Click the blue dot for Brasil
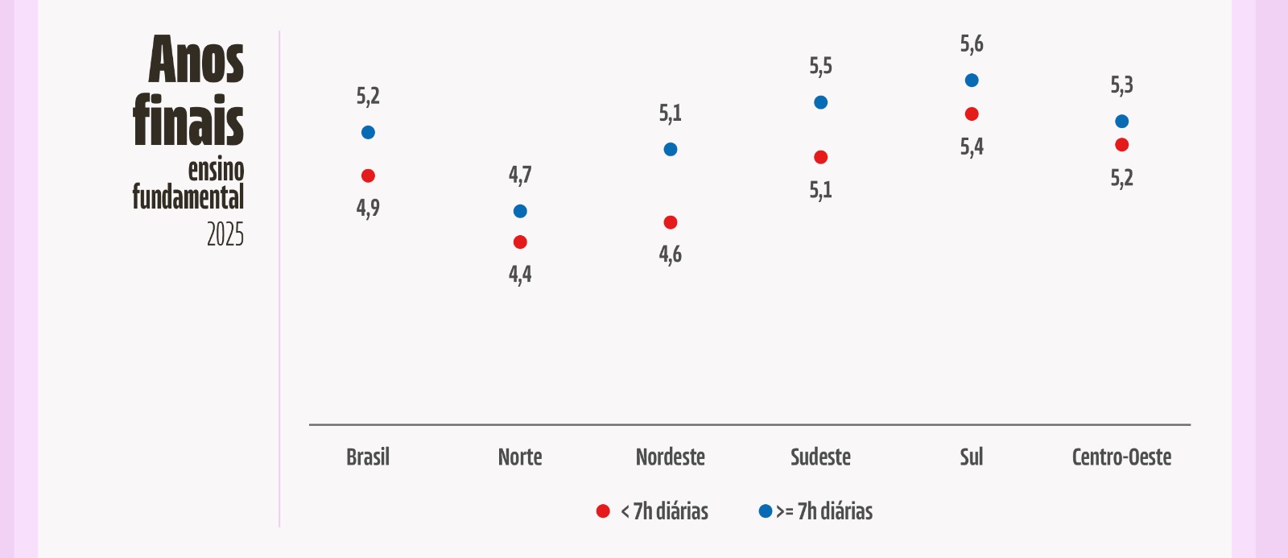pos(368,132)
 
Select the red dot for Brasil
pos(368,176)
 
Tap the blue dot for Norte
pos(520,211)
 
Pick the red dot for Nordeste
pos(671,222)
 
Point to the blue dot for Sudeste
pos(820,102)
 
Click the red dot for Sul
pos(972,114)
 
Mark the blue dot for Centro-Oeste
pos(1122,122)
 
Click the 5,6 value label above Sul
pos(972,44)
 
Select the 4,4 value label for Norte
pos(520,275)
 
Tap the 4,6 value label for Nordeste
pos(671,254)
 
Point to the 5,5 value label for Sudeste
pos(820,67)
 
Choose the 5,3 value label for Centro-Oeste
pos(1122,85)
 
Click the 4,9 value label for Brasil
pos(368,208)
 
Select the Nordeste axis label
pos(671,457)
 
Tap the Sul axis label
pos(972,457)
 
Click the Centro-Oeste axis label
pos(1122,457)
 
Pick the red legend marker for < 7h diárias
pos(603,510)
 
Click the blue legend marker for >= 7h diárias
pos(766,510)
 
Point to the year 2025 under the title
pos(225,234)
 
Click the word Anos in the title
pos(196,60)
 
